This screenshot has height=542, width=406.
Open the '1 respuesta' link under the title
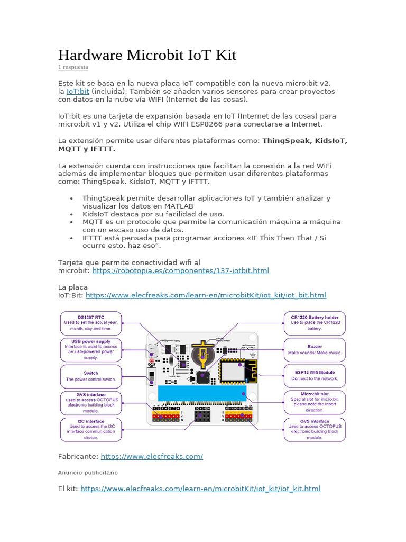pos(73,68)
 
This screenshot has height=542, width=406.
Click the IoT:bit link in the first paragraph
pos(78,92)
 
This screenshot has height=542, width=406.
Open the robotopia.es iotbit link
pos(181,270)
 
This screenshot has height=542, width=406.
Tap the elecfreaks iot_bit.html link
pos(206,295)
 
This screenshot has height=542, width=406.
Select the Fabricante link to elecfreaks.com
pos(152,456)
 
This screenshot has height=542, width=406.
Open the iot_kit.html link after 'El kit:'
pos(200,489)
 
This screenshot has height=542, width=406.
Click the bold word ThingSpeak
pos(287,141)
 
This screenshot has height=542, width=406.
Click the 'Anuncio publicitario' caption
pos(88,472)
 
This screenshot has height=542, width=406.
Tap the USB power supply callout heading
pos(91,341)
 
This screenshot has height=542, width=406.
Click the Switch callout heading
pos(91,373)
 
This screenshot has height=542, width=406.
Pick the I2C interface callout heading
pos(91,421)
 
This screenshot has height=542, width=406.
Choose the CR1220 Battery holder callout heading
pos(315,317)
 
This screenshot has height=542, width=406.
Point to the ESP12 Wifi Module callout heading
pos(315,372)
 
